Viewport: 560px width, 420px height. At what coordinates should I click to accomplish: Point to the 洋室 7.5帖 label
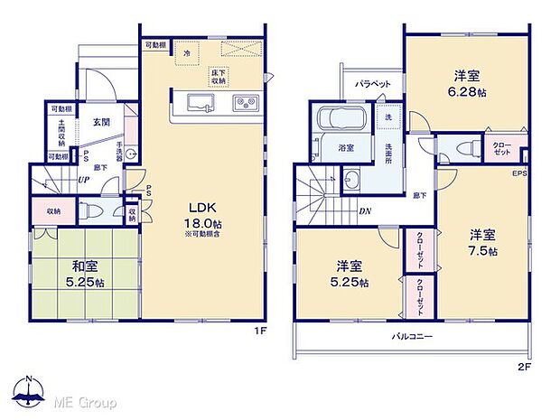click(482, 243)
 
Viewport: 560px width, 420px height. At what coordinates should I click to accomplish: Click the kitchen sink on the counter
click(197, 100)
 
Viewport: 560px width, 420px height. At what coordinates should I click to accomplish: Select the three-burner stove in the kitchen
click(245, 101)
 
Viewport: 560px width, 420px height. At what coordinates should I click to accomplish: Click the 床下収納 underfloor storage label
click(218, 77)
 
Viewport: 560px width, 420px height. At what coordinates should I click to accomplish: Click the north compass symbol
click(29, 394)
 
